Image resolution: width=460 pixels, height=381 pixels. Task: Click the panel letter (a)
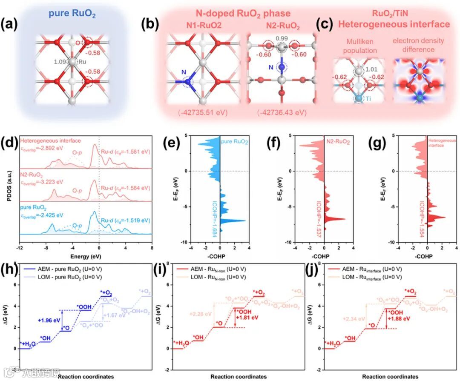pos(11,24)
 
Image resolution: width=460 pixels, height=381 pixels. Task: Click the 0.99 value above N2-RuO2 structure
pos(281,39)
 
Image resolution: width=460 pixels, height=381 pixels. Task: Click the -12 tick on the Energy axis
pos(20,247)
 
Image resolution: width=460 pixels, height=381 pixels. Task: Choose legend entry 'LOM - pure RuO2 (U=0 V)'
pos(70,277)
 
